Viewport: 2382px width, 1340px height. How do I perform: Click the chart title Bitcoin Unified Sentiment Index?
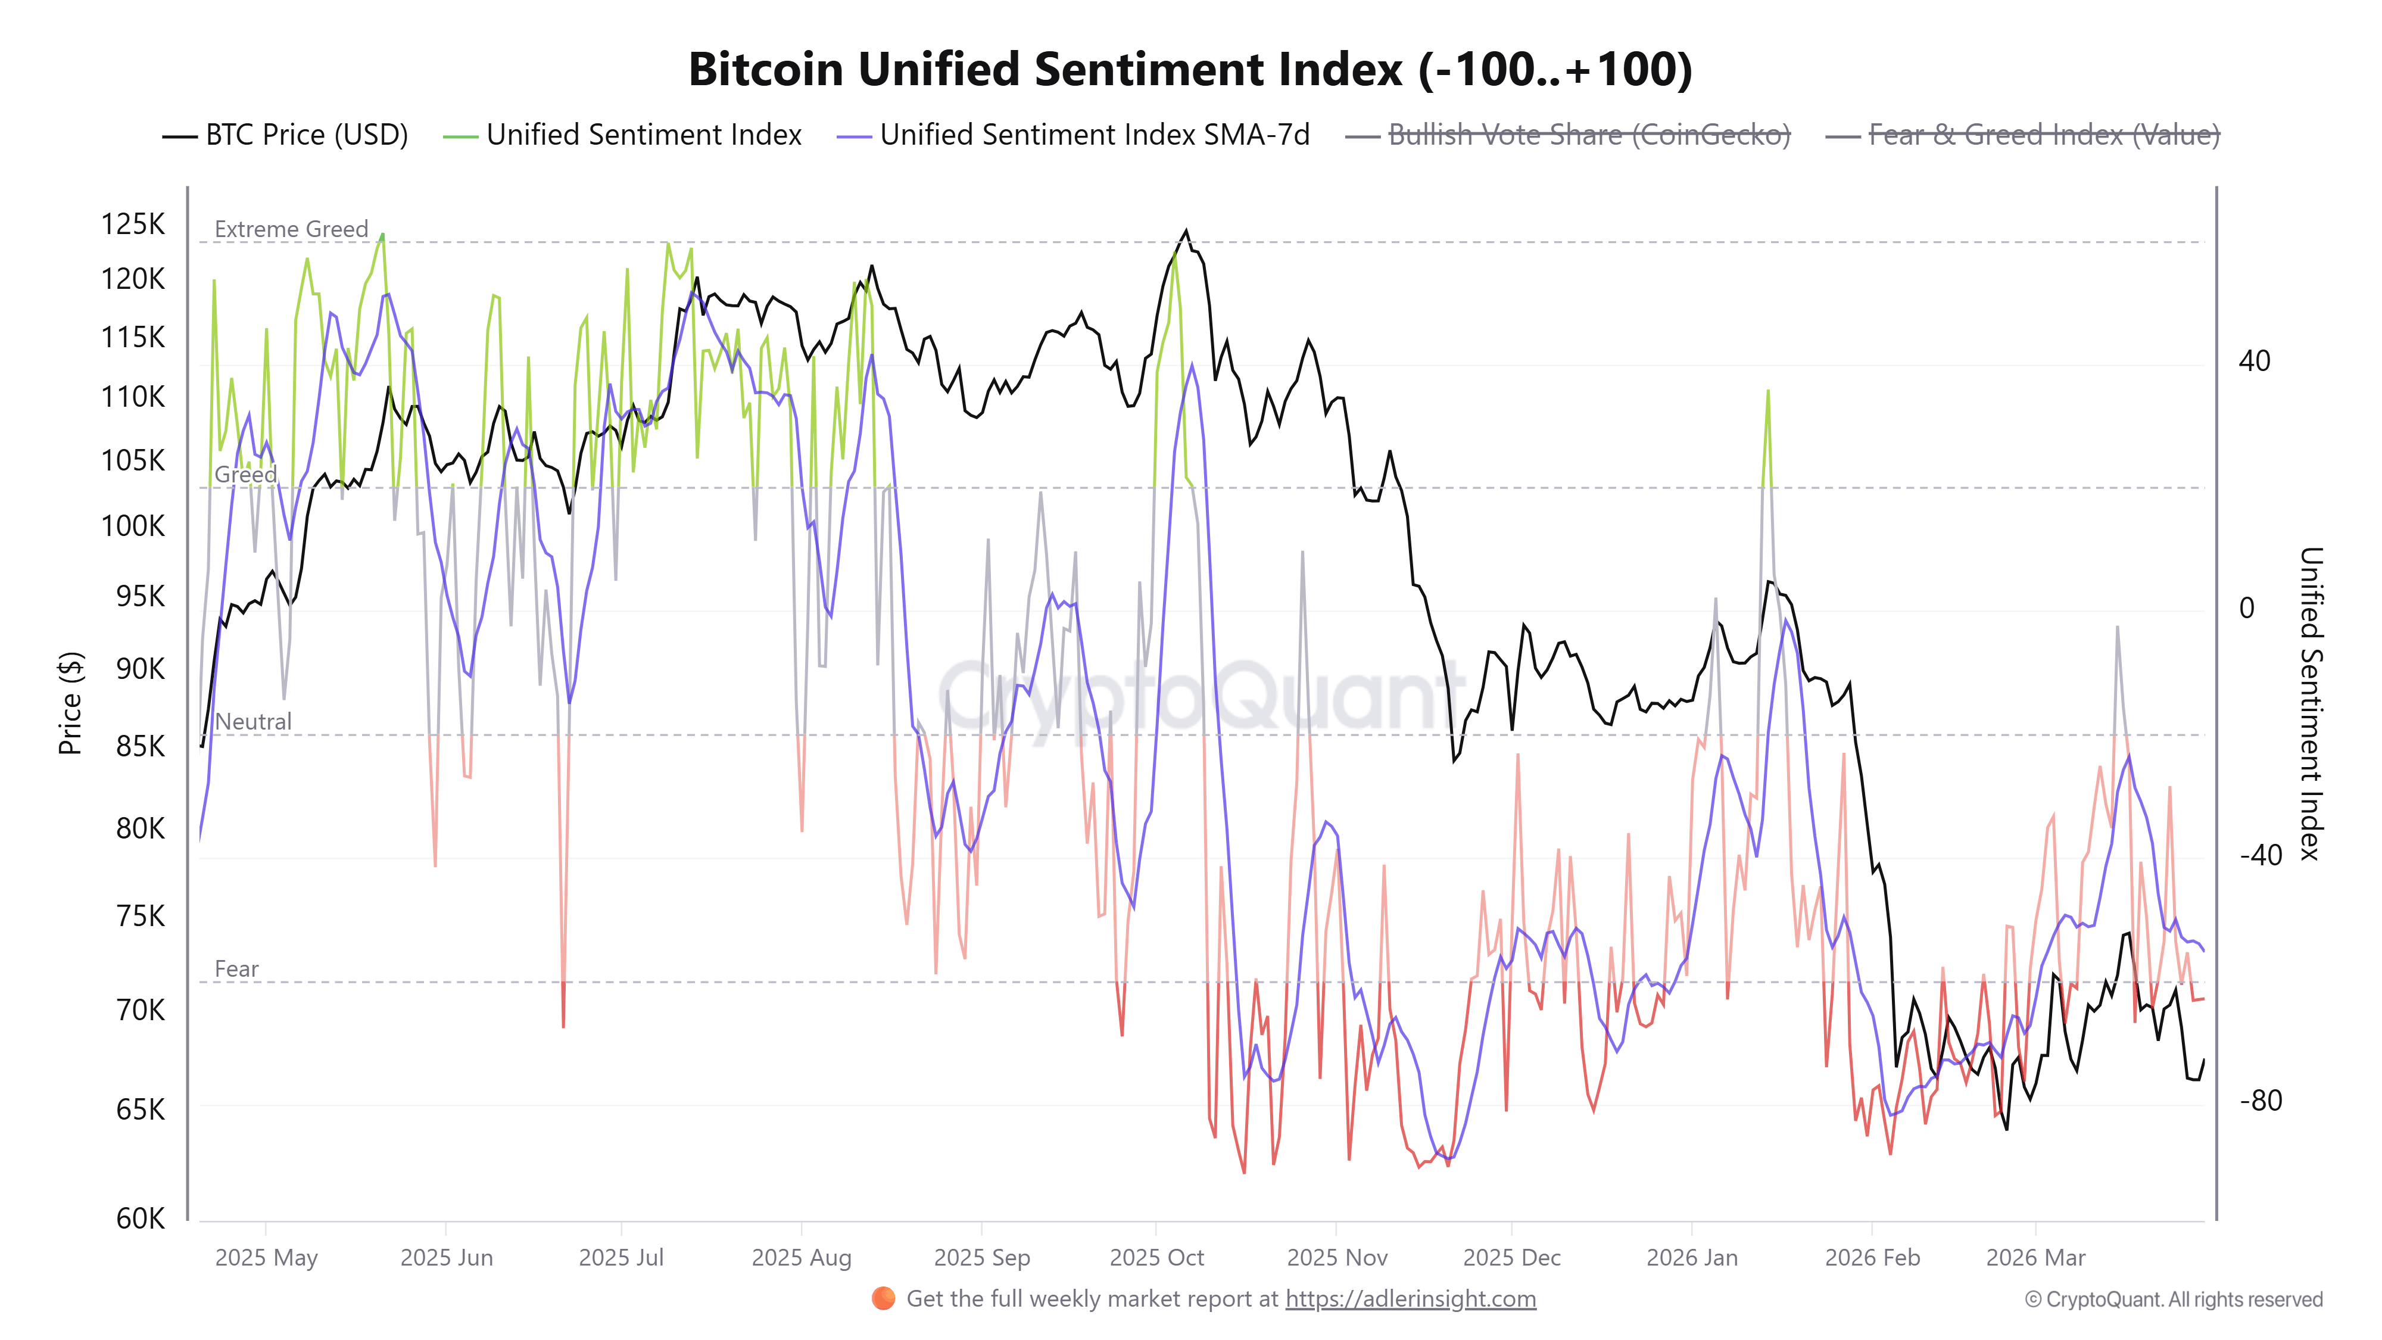1190,69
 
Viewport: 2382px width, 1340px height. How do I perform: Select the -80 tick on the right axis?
2260,1101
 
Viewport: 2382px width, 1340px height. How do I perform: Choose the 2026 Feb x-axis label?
1872,1258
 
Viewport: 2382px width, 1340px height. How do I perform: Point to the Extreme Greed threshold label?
291,229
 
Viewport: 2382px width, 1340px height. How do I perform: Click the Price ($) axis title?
70,703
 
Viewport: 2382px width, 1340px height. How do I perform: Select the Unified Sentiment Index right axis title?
2310,703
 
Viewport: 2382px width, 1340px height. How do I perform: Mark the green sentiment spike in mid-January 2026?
1768,392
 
